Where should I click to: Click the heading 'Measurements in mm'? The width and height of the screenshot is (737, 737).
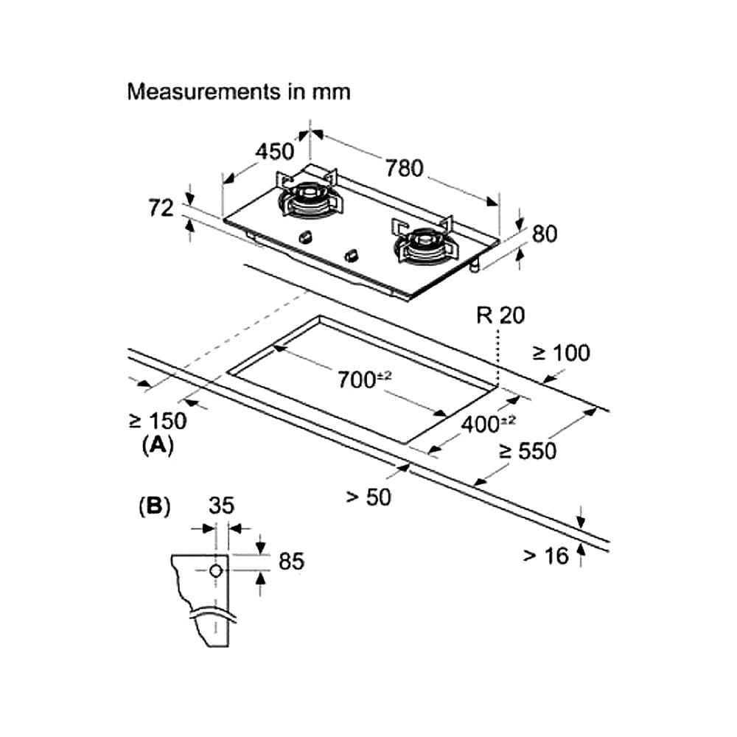point(239,91)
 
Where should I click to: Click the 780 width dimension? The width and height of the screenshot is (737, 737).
point(405,168)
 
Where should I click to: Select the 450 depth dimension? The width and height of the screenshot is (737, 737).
point(274,152)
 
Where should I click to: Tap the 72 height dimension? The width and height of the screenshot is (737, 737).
point(161,209)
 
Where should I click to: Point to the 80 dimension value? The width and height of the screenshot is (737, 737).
point(545,234)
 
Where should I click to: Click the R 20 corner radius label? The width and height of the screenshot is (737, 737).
point(500,315)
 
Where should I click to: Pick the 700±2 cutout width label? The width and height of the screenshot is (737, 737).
point(365,380)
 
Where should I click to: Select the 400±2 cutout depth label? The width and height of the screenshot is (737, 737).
point(488,424)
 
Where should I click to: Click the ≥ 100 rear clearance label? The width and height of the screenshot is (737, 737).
point(561,353)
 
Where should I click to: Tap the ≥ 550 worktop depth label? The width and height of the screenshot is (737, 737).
point(528,451)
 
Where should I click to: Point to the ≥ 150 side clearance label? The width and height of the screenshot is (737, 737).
point(158,421)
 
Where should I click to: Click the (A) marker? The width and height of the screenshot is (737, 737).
point(158,445)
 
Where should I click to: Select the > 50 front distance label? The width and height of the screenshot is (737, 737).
point(368,497)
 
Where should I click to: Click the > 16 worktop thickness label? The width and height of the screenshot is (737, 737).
point(545,556)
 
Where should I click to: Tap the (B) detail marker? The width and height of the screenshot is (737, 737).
point(155,507)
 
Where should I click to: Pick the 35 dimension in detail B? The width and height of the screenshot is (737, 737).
point(221,506)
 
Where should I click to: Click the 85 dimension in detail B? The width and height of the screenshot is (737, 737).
point(291,561)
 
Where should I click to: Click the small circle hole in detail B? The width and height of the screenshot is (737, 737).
point(216,571)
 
